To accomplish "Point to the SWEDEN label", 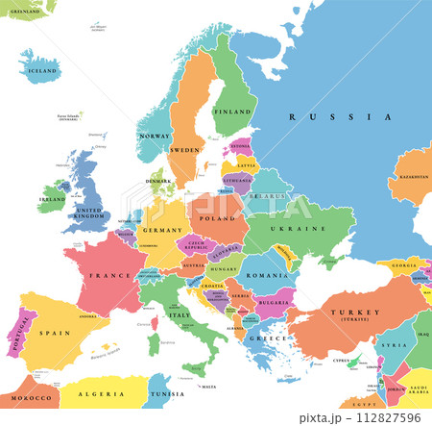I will [185, 151].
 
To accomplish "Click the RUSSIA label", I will [340, 116].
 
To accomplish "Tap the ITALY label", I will [180, 315].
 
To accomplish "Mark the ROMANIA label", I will [260, 275].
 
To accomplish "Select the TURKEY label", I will [341, 314].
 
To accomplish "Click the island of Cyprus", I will [342, 363].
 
